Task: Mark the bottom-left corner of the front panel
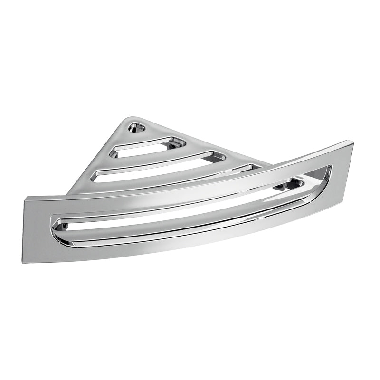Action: [x=24, y=261]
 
